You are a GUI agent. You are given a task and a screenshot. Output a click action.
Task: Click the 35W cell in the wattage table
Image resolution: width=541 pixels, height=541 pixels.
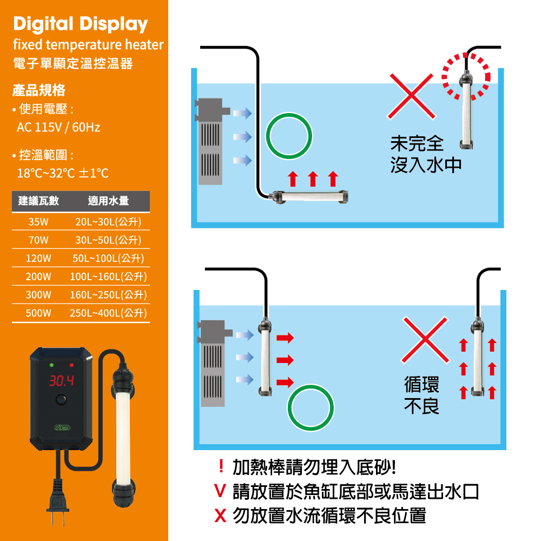[x=38, y=222]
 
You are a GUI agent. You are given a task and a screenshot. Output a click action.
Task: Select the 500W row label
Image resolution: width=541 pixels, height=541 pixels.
[x=38, y=313]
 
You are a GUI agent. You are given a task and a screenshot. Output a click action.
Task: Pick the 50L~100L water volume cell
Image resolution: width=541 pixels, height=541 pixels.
[x=108, y=259]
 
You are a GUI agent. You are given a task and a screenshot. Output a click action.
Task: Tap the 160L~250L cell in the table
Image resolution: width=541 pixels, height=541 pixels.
[x=108, y=295]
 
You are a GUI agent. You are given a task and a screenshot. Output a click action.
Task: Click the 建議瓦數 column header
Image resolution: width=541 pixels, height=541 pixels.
[x=38, y=201]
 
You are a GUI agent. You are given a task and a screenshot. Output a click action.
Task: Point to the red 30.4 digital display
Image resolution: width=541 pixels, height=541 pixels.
[x=62, y=380]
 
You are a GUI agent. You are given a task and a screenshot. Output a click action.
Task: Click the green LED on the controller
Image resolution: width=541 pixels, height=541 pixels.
[x=51, y=365]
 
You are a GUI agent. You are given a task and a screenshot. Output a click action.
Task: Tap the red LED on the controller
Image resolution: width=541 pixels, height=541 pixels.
[x=71, y=365]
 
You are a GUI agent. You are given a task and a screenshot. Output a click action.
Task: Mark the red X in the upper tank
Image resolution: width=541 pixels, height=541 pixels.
[x=411, y=96]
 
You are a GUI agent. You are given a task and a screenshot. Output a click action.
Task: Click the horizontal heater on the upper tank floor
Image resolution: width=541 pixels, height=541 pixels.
[x=309, y=197]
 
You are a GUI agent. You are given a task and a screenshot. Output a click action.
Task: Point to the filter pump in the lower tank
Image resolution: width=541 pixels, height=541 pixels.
[x=213, y=363]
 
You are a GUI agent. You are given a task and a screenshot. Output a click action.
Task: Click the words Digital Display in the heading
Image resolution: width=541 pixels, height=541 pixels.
[x=81, y=24]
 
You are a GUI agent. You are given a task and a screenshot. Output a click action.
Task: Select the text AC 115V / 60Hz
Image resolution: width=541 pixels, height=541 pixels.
[x=58, y=127]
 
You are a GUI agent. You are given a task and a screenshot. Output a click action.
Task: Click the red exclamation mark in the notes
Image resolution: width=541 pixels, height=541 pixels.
[x=221, y=466]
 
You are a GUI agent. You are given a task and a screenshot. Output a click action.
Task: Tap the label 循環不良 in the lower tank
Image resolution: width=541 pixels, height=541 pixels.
[x=421, y=395]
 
